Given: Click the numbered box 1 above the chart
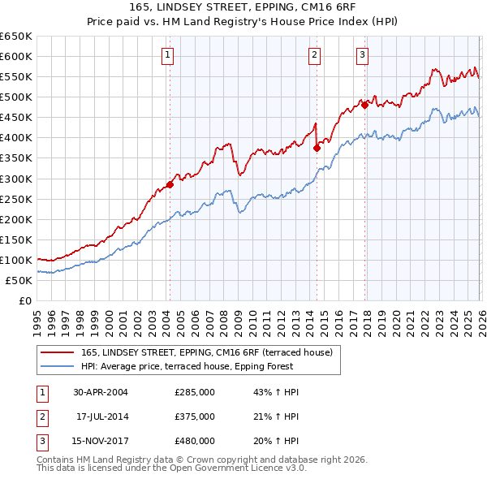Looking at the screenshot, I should click(x=166, y=55).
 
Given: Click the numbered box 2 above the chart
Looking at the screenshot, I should click(x=314, y=55).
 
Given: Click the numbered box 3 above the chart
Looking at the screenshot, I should click(x=362, y=55).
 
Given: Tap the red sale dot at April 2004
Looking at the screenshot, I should click(x=170, y=184).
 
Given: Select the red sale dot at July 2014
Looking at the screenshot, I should click(x=317, y=148).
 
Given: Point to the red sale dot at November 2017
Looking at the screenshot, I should click(x=364, y=105).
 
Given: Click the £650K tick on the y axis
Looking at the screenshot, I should click(x=16, y=37).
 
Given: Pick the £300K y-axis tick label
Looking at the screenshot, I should click(x=16, y=179).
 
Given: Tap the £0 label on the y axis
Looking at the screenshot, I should click(x=24, y=300).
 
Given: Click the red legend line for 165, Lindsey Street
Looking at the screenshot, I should click(x=57, y=352).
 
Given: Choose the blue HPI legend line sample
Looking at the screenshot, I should click(x=57, y=366).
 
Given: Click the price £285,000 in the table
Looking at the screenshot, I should click(x=195, y=392).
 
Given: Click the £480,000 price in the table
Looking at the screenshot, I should click(x=195, y=441).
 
